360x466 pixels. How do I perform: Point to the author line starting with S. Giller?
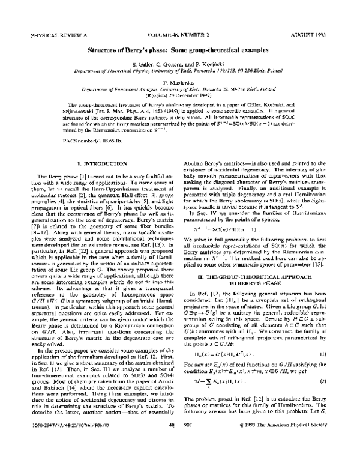tap(180, 70)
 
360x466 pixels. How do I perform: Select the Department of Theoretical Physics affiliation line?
tap(180, 77)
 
